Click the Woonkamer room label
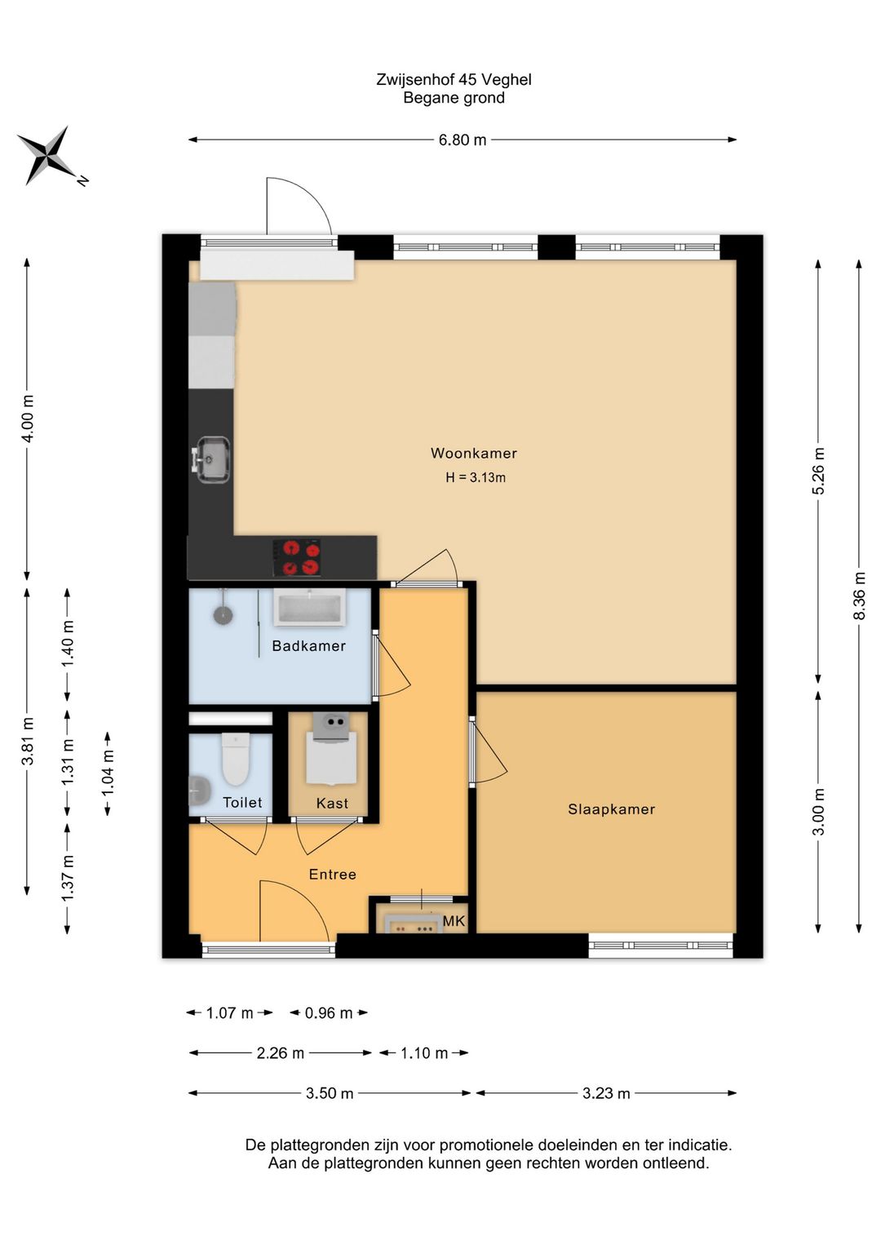[x=474, y=453]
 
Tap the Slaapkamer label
[x=612, y=809]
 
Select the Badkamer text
[x=308, y=646]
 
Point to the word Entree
[x=332, y=875]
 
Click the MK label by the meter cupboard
[x=454, y=921]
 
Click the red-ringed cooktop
[x=297, y=557]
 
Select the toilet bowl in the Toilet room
[x=235, y=759]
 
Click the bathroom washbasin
[x=310, y=608]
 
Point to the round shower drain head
[x=224, y=614]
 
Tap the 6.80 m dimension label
[x=463, y=140]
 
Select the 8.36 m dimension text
[x=859, y=596]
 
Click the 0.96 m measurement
[x=329, y=1012]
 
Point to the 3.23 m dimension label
[x=606, y=1093]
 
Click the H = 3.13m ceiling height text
[x=476, y=477]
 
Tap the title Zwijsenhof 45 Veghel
[x=454, y=79]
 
